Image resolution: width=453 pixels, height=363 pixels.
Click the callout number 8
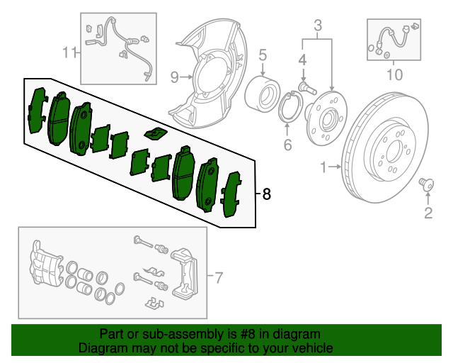[266, 194]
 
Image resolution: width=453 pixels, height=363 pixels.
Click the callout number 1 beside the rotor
[323, 168]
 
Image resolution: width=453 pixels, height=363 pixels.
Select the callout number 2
[428, 212]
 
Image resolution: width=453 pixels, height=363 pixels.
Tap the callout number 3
[318, 27]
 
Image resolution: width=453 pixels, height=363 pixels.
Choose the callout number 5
[262, 54]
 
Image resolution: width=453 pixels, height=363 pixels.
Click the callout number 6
[287, 146]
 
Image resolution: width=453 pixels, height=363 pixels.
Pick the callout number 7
[219, 276]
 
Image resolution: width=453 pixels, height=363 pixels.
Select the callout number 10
[394, 73]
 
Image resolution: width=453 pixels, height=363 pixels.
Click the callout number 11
[69, 51]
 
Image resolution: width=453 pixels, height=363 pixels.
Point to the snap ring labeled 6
[289, 108]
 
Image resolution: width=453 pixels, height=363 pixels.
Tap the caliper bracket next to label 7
[185, 269]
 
